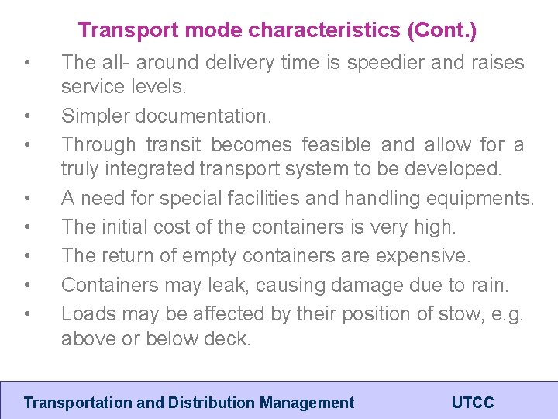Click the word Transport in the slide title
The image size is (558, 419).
[x=117, y=31]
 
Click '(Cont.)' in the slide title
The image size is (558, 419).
[x=441, y=31]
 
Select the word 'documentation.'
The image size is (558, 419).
[x=205, y=116]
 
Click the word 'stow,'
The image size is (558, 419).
[x=423, y=313]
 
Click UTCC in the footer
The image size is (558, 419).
[x=472, y=403]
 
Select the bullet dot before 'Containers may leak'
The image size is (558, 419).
[x=28, y=286]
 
